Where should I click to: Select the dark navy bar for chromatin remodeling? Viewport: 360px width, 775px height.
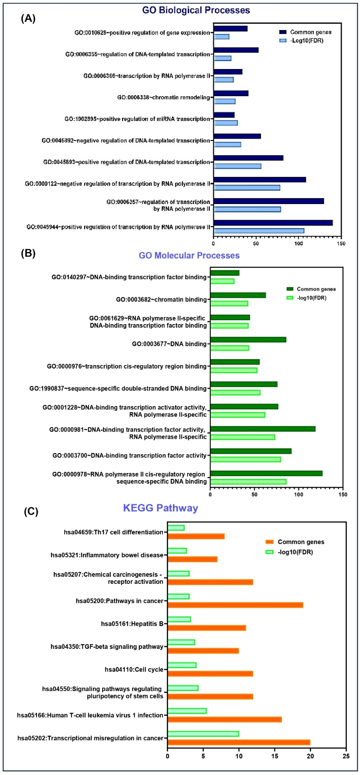pyautogui.click(x=231, y=93)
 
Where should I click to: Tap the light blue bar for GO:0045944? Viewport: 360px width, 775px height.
pyautogui.click(x=259, y=231)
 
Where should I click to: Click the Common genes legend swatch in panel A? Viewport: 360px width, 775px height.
pyautogui.click(x=283, y=32)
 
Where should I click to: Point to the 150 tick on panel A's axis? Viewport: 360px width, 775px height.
pyautogui.click(x=341, y=243)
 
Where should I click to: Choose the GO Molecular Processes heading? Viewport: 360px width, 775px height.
pyautogui.click(x=189, y=255)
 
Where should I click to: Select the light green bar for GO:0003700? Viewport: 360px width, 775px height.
pyautogui.click(x=246, y=459)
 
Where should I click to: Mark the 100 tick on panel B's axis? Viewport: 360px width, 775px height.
pyautogui.click(x=299, y=494)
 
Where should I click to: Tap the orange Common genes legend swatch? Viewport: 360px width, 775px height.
pyautogui.click(x=269, y=542)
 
